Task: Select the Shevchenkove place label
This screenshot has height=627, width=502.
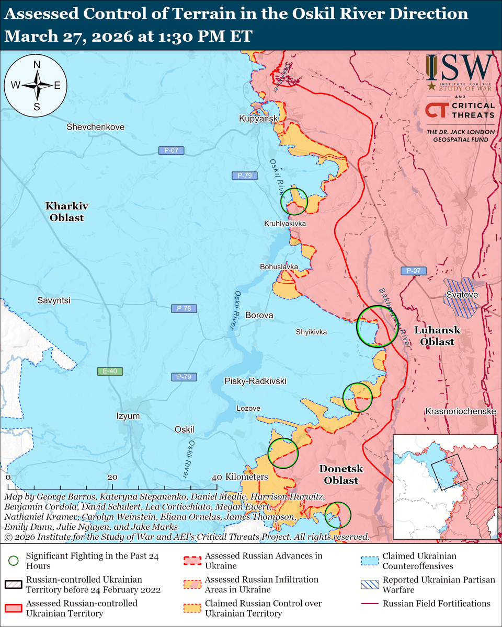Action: click(96, 127)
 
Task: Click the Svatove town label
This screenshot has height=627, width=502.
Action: click(462, 295)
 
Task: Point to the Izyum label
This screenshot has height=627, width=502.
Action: click(128, 416)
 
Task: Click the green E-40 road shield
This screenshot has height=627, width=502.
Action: click(110, 371)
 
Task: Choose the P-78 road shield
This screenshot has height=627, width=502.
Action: click(184, 309)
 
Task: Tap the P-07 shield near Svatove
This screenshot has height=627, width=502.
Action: click(414, 271)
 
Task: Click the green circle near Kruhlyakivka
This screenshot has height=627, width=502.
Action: click(294, 201)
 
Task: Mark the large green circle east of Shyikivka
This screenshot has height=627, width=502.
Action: click(376, 327)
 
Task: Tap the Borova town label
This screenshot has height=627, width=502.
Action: click(259, 316)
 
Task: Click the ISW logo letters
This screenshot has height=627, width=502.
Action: click(460, 66)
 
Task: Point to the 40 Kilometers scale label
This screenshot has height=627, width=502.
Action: click(240, 477)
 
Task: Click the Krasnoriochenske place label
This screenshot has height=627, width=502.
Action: click(460, 412)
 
